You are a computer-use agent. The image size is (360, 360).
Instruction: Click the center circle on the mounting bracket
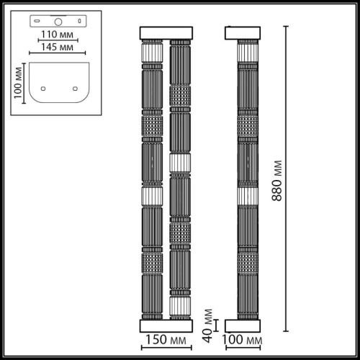coord(58,22)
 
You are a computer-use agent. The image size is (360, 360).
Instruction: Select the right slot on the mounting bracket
coord(76,22)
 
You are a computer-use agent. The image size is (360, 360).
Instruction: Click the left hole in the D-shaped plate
coord(42,89)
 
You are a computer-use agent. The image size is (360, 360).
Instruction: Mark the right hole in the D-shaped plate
coord(75,89)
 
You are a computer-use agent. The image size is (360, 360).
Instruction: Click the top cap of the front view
coord(166,32)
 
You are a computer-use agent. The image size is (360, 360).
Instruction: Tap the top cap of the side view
coord(248,32)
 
